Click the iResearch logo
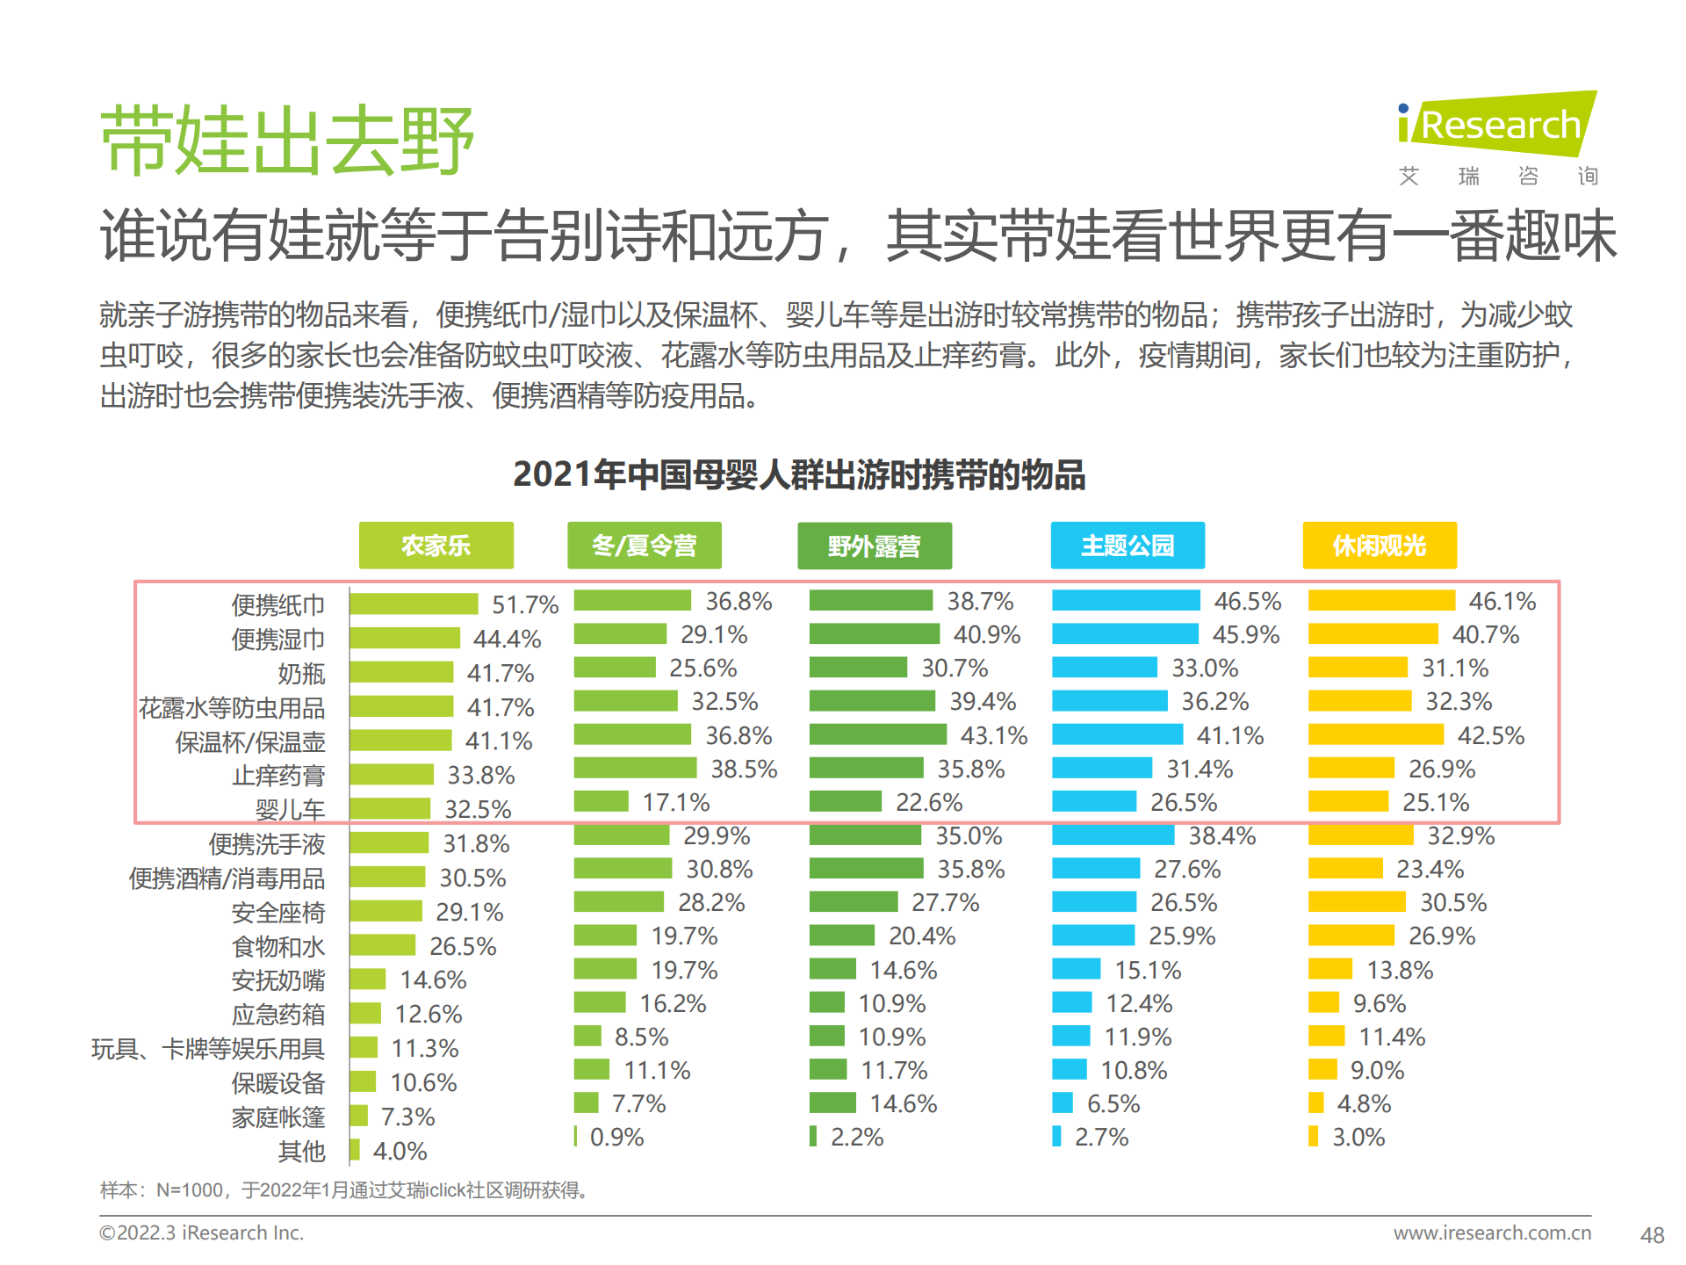[x=1496, y=125]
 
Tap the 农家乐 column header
[x=436, y=546]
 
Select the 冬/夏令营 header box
[x=644, y=546]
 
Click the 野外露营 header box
[x=874, y=546]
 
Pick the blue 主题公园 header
[x=1127, y=546]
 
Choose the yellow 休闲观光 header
[x=1379, y=546]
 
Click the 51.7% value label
[x=524, y=604]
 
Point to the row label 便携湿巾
[x=277, y=640]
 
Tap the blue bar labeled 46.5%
[x=1125, y=601]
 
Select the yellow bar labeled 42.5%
[x=1375, y=734]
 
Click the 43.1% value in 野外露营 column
[x=993, y=735]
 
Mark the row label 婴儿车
[x=290, y=809]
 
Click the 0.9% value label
[x=616, y=1137]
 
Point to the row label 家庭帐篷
[x=277, y=1117]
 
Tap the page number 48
[x=1652, y=1235]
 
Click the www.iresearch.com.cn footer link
[x=1491, y=1232]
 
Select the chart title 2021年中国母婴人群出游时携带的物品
[x=799, y=474]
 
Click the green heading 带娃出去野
[x=287, y=141]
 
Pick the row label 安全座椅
[x=277, y=913]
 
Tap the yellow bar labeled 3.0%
[x=1313, y=1137]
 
